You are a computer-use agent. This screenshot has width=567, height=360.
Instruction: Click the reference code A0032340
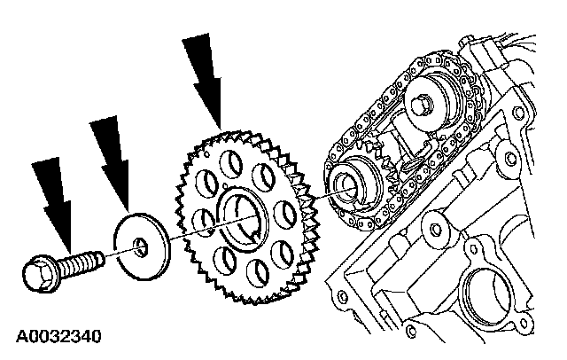(57, 337)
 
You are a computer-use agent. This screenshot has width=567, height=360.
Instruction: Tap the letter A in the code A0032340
(20, 337)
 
